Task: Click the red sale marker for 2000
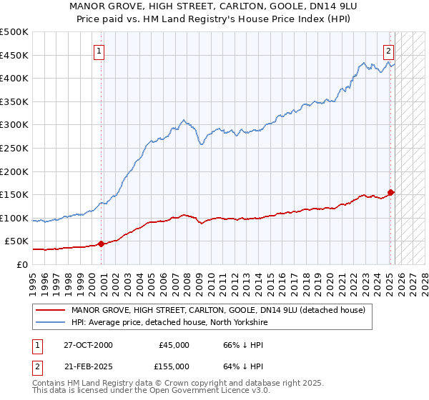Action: coord(101,244)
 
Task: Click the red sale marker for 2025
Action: coord(391,192)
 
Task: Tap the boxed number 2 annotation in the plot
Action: coord(388,51)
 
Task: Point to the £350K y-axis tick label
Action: coord(14,102)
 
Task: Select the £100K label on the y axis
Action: coord(14,218)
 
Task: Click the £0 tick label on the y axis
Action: coord(21,264)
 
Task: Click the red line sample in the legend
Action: coord(50,310)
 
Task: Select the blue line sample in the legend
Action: coord(50,323)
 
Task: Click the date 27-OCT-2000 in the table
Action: coord(87,345)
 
